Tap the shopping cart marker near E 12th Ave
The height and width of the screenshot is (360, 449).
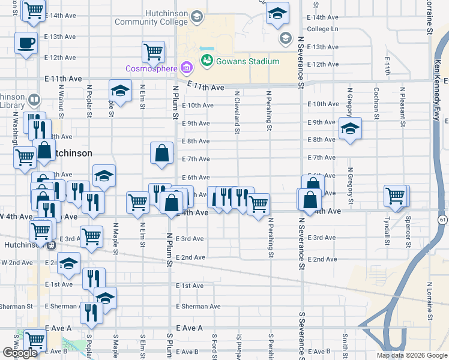153,52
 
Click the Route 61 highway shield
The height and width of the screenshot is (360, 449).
442,221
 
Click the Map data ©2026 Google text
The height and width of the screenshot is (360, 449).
411,355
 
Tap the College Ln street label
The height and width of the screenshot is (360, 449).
322,28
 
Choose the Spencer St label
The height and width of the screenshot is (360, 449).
408,231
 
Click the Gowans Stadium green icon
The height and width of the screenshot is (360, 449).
207,61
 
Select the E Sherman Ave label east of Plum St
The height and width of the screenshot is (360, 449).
199,306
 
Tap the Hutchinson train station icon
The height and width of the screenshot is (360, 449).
52,244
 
